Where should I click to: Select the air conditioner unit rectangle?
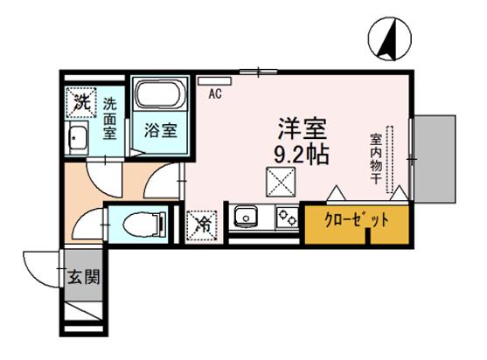210,81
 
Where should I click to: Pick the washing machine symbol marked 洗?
80,101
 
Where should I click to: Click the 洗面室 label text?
110,116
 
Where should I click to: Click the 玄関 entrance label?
84,280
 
